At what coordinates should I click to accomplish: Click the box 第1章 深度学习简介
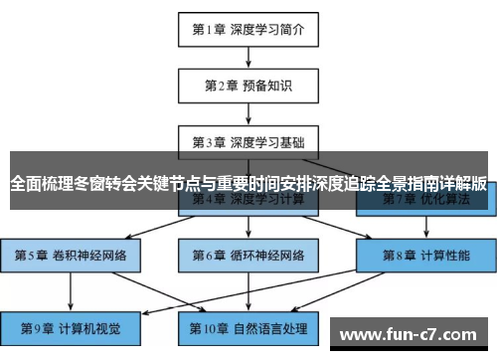(x=248, y=29)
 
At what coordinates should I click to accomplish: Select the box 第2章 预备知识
(x=248, y=85)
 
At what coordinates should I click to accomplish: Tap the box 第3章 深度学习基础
(x=248, y=140)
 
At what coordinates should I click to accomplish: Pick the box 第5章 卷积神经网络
(x=71, y=255)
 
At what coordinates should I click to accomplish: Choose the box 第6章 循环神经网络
(x=248, y=255)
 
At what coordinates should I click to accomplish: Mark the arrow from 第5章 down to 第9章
(x=71, y=290)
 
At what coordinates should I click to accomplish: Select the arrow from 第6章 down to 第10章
(x=248, y=290)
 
